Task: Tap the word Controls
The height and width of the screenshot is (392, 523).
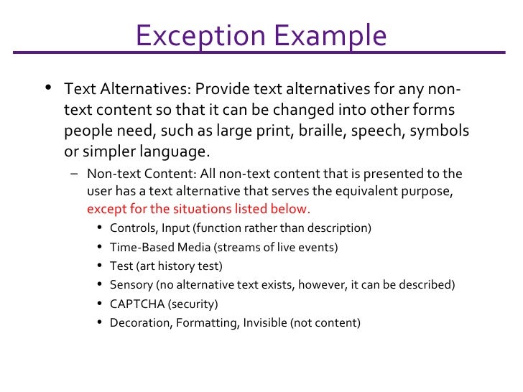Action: click(x=133, y=228)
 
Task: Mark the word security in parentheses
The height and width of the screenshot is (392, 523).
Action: click(x=193, y=303)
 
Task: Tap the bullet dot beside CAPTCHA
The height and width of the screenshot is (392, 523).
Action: click(x=99, y=303)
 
